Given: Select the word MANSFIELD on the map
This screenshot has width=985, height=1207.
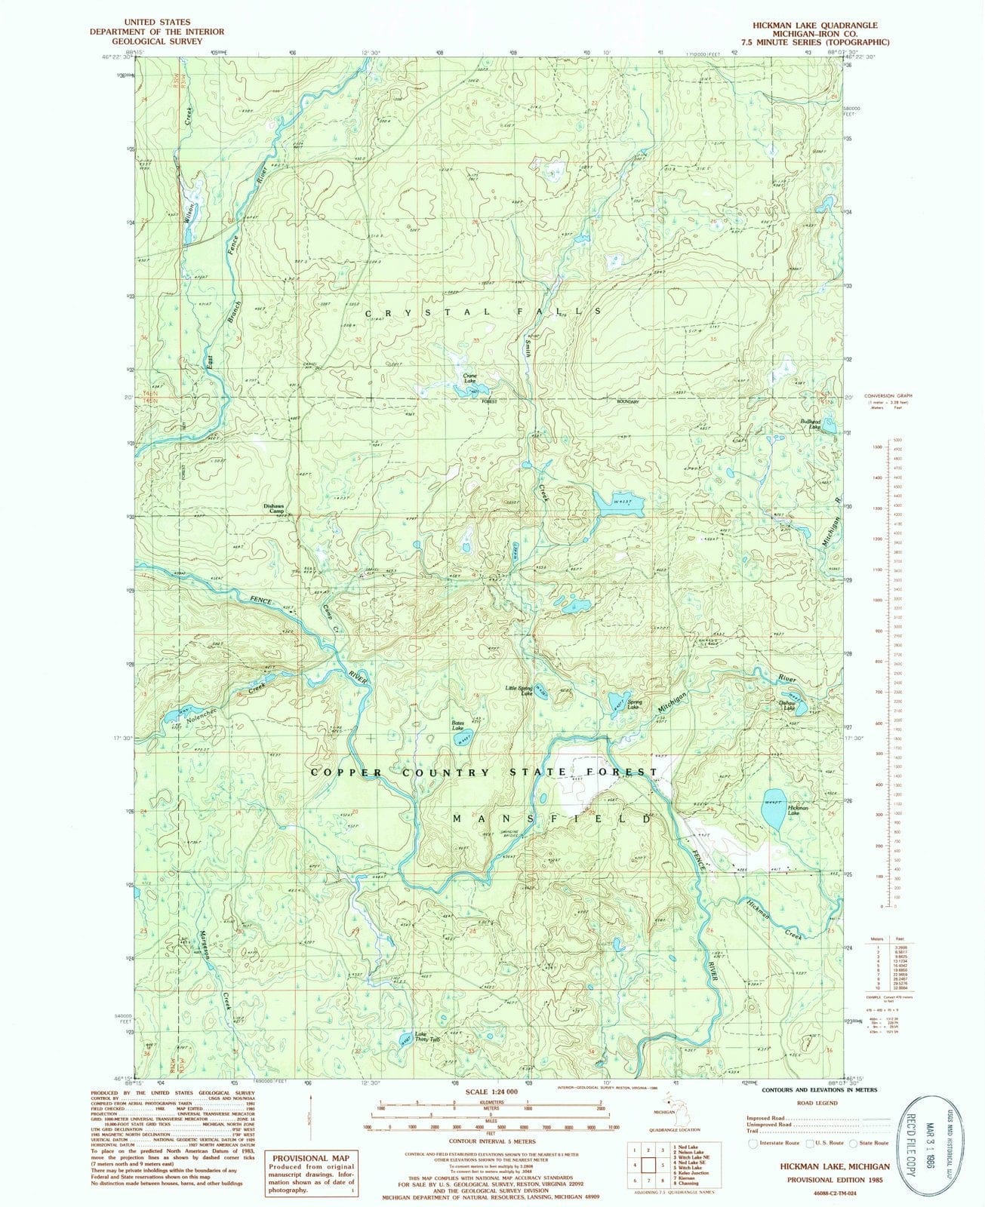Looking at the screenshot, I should (551, 818).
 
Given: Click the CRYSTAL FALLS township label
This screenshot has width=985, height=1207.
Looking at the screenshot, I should (483, 311).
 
